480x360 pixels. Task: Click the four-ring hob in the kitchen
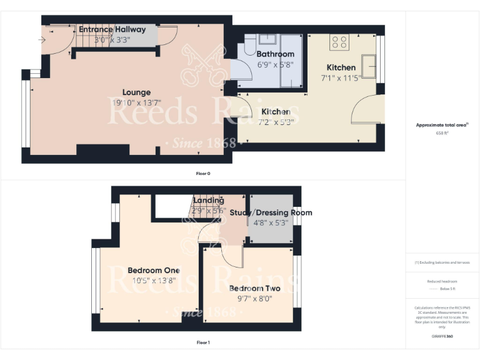point(339,42)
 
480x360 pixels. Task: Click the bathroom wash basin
point(271,40)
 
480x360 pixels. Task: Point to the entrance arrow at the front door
point(42,40)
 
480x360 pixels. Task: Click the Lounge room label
point(136,92)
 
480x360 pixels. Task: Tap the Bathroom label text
point(275,54)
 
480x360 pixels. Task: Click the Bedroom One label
point(154,270)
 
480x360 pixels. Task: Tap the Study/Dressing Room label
point(271,212)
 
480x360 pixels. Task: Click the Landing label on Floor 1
point(208,200)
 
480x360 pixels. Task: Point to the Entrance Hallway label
point(112,29)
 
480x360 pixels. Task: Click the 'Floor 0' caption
point(202,172)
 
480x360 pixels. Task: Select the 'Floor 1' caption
point(202,342)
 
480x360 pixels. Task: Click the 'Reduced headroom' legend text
point(442,281)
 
